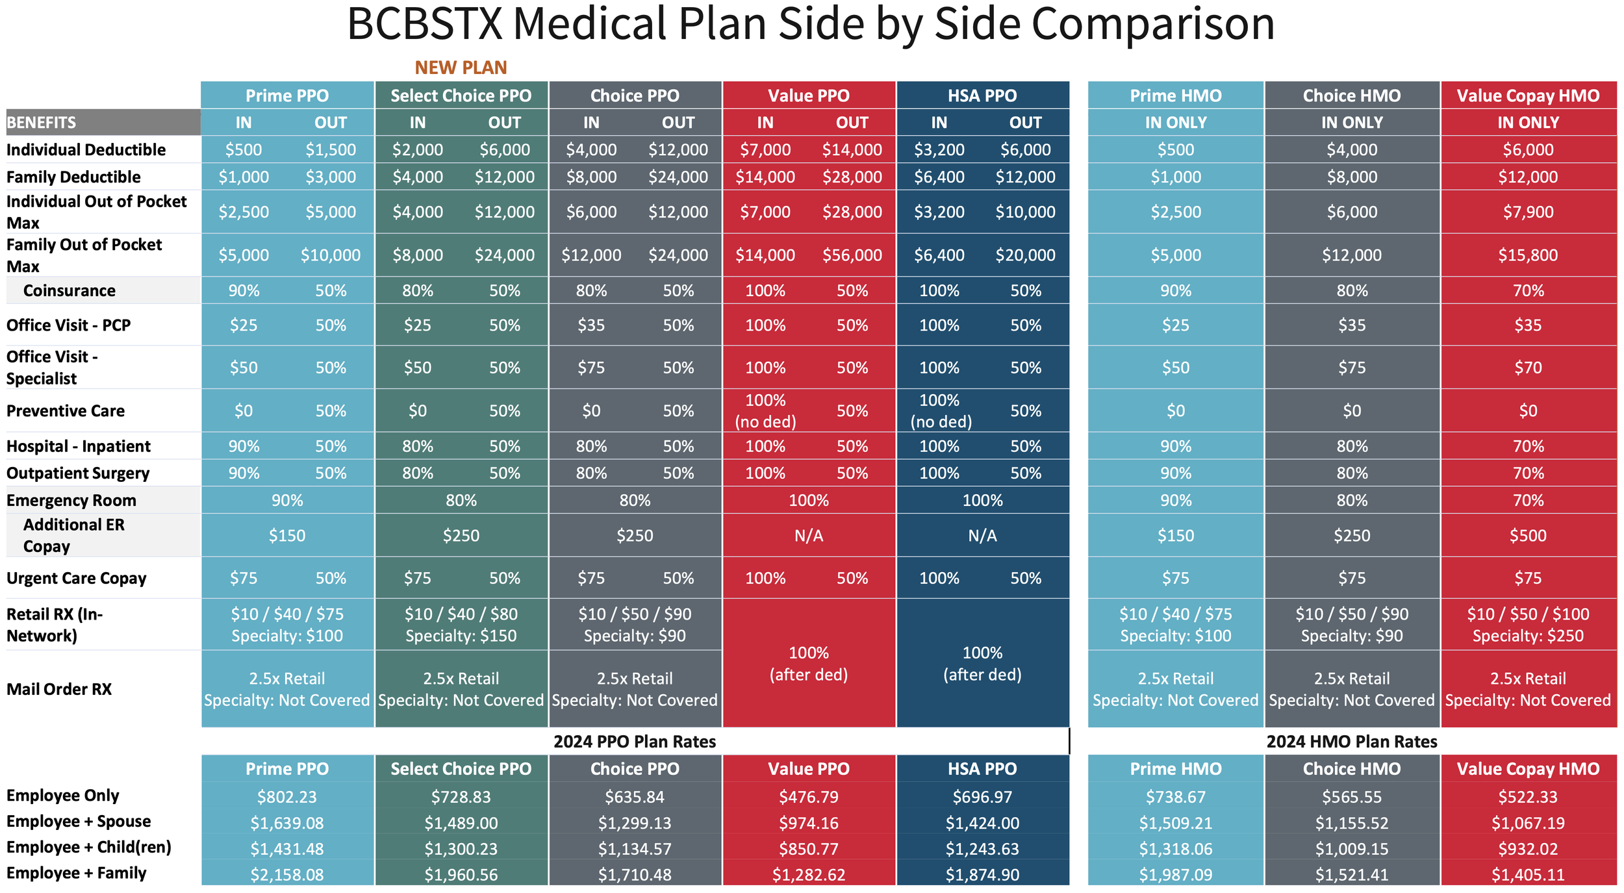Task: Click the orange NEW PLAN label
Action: [x=461, y=68]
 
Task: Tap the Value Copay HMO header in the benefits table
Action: [x=1528, y=95]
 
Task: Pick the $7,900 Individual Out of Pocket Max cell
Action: [x=1528, y=212]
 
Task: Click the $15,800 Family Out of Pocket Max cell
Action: [x=1528, y=255]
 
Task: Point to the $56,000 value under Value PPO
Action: [x=852, y=255]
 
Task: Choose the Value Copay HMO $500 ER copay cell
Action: [x=1528, y=536]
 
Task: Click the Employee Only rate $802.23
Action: [x=287, y=797]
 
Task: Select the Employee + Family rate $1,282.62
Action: [x=809, y=875]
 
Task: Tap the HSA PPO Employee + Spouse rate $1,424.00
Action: [x=982, y=823]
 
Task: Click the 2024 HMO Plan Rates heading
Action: [x=1351, y=742]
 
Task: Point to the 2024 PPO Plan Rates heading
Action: [x=635, y=742]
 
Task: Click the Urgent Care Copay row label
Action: [x=77, y=578]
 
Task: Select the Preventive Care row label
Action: [x=66, y=411]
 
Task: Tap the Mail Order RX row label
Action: [x=59, y=689]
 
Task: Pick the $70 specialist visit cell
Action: [x=1528, y=368]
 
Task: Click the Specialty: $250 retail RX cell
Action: [x=1528, y=636]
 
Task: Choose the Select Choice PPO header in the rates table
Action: [x=461, y=769]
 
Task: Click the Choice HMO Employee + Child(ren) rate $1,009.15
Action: [x=1351, y=849]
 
